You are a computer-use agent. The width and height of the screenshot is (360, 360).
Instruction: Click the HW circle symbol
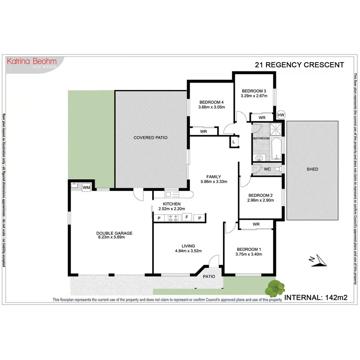click(x=281, y=115)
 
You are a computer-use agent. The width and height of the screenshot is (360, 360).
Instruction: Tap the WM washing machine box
click(x=86, y=187)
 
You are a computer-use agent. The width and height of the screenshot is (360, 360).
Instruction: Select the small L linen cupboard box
click(x=234, y=142)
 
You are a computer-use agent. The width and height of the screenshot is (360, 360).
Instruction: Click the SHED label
click(x=312, y=169)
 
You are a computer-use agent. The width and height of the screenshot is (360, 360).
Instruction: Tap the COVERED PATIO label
click(x=150, y=138)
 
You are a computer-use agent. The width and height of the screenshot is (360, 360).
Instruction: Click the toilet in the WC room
click(x=277, y=170)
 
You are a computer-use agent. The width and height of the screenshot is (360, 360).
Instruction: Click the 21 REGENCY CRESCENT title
click(x=299, y=65)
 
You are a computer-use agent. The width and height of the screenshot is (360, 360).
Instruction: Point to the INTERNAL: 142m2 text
click(x=316, y=297)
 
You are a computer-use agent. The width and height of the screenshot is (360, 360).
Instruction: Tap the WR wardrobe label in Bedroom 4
click(x=203, y=131)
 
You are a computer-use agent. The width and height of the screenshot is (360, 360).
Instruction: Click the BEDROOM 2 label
click(x=260, y=195)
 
